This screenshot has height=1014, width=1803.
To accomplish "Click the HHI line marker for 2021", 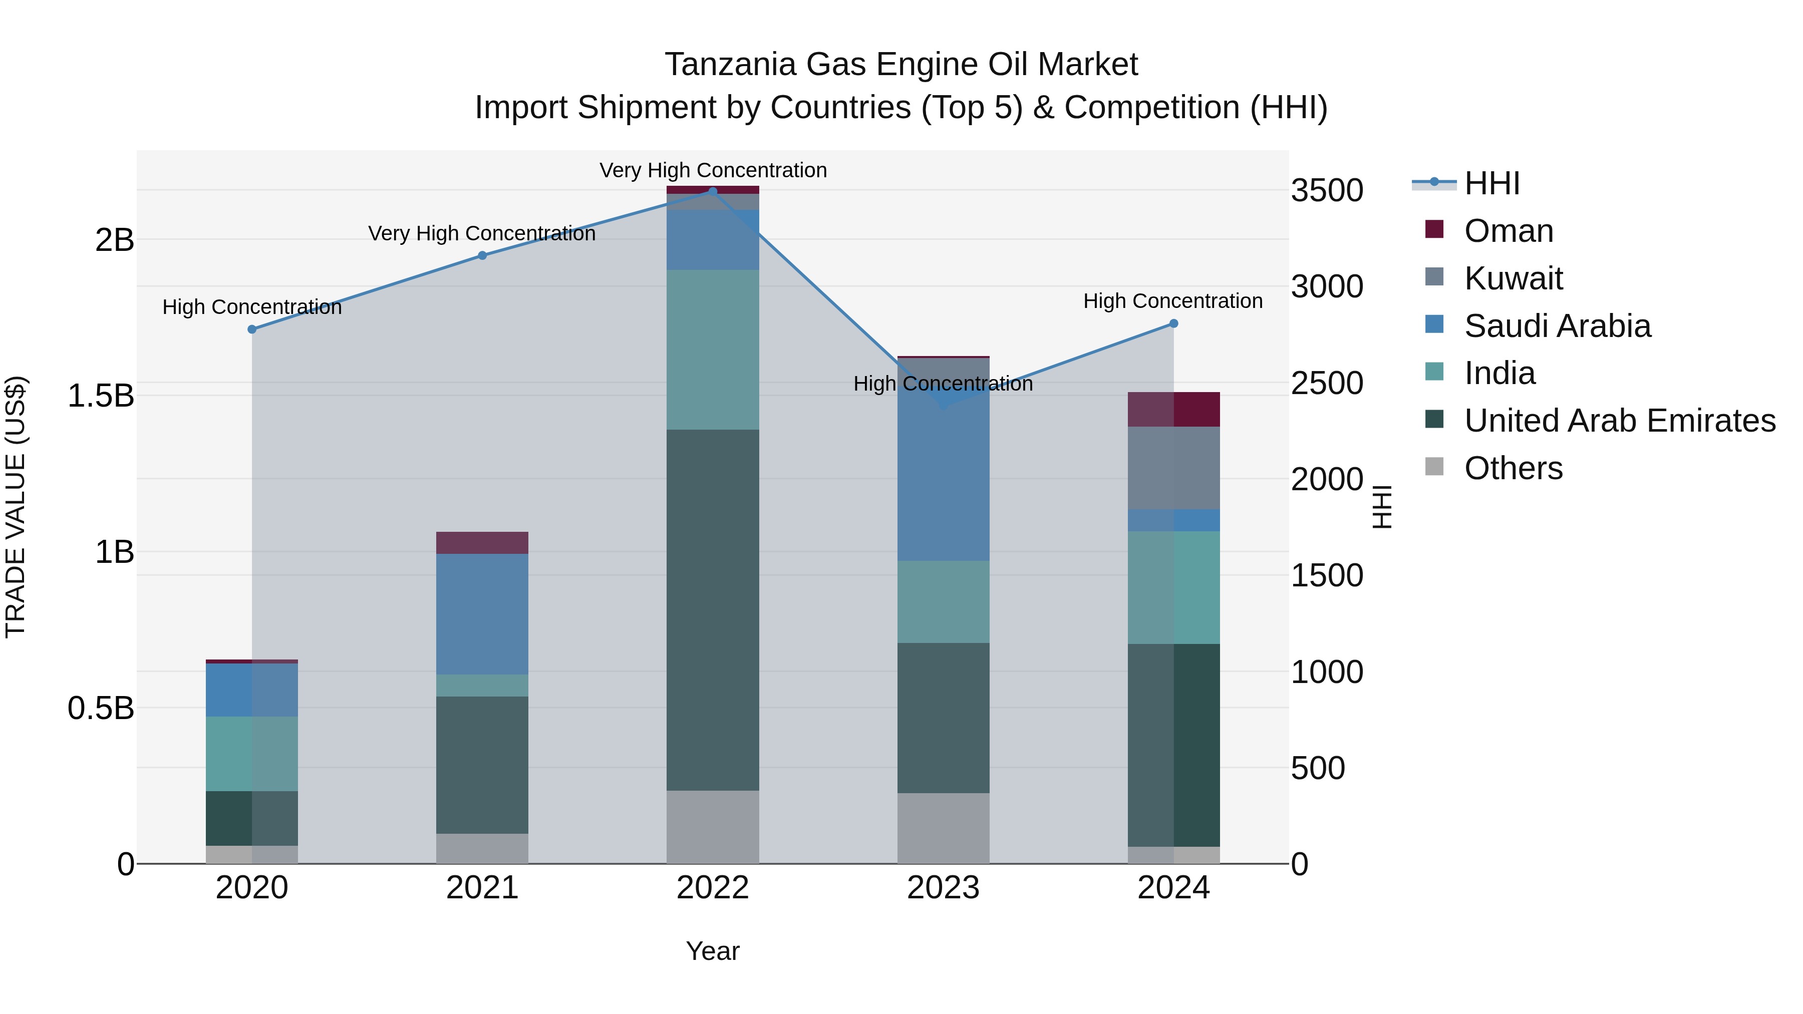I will (482, 255).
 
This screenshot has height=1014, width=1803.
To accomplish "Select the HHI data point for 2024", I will (1174, 323).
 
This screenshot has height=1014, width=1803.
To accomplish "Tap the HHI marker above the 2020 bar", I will (252, 329).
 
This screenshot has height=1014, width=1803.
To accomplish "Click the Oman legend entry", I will (1509, 231).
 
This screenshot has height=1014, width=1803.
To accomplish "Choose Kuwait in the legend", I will (1513, 278).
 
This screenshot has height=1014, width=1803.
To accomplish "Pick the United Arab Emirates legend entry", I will (1619, 421).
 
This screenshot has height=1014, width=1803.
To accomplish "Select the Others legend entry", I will (1513, 468).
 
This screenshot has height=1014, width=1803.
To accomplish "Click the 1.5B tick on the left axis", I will (100, 396).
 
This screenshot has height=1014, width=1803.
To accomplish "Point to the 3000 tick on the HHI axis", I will (1326, 286).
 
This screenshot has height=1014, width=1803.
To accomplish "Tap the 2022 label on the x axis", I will (713, 888).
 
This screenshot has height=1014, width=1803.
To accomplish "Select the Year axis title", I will (713, 951).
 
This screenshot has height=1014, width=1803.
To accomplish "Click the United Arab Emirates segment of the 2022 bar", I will (713, 609).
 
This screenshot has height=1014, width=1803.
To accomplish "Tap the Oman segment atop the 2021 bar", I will (482, 542).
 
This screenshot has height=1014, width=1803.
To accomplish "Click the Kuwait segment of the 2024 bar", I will (1174, 468).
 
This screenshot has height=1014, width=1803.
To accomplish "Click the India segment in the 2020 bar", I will (252, 753).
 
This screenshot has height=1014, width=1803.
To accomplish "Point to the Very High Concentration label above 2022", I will (713, 170).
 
